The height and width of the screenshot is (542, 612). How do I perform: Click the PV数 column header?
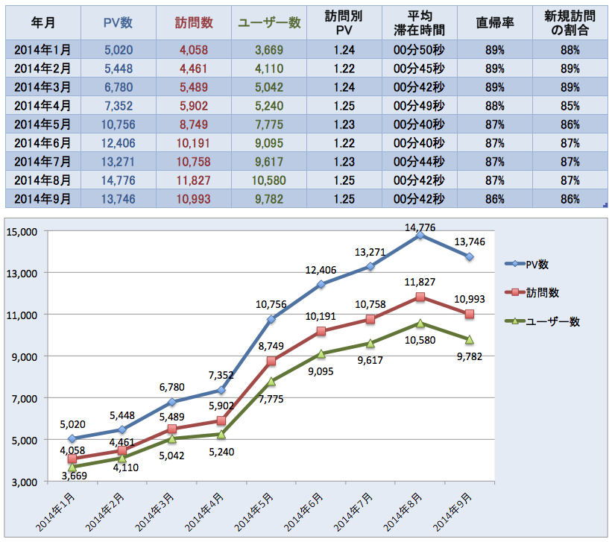[118, 23]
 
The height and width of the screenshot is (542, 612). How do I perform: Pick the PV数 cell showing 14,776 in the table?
[118, 180]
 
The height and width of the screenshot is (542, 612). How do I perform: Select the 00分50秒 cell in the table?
[417, 50]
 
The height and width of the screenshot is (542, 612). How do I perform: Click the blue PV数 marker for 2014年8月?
[421, 235]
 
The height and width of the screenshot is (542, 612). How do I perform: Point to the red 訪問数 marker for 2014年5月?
[271, 361]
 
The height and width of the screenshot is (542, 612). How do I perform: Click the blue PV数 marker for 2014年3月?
[172, 402]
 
